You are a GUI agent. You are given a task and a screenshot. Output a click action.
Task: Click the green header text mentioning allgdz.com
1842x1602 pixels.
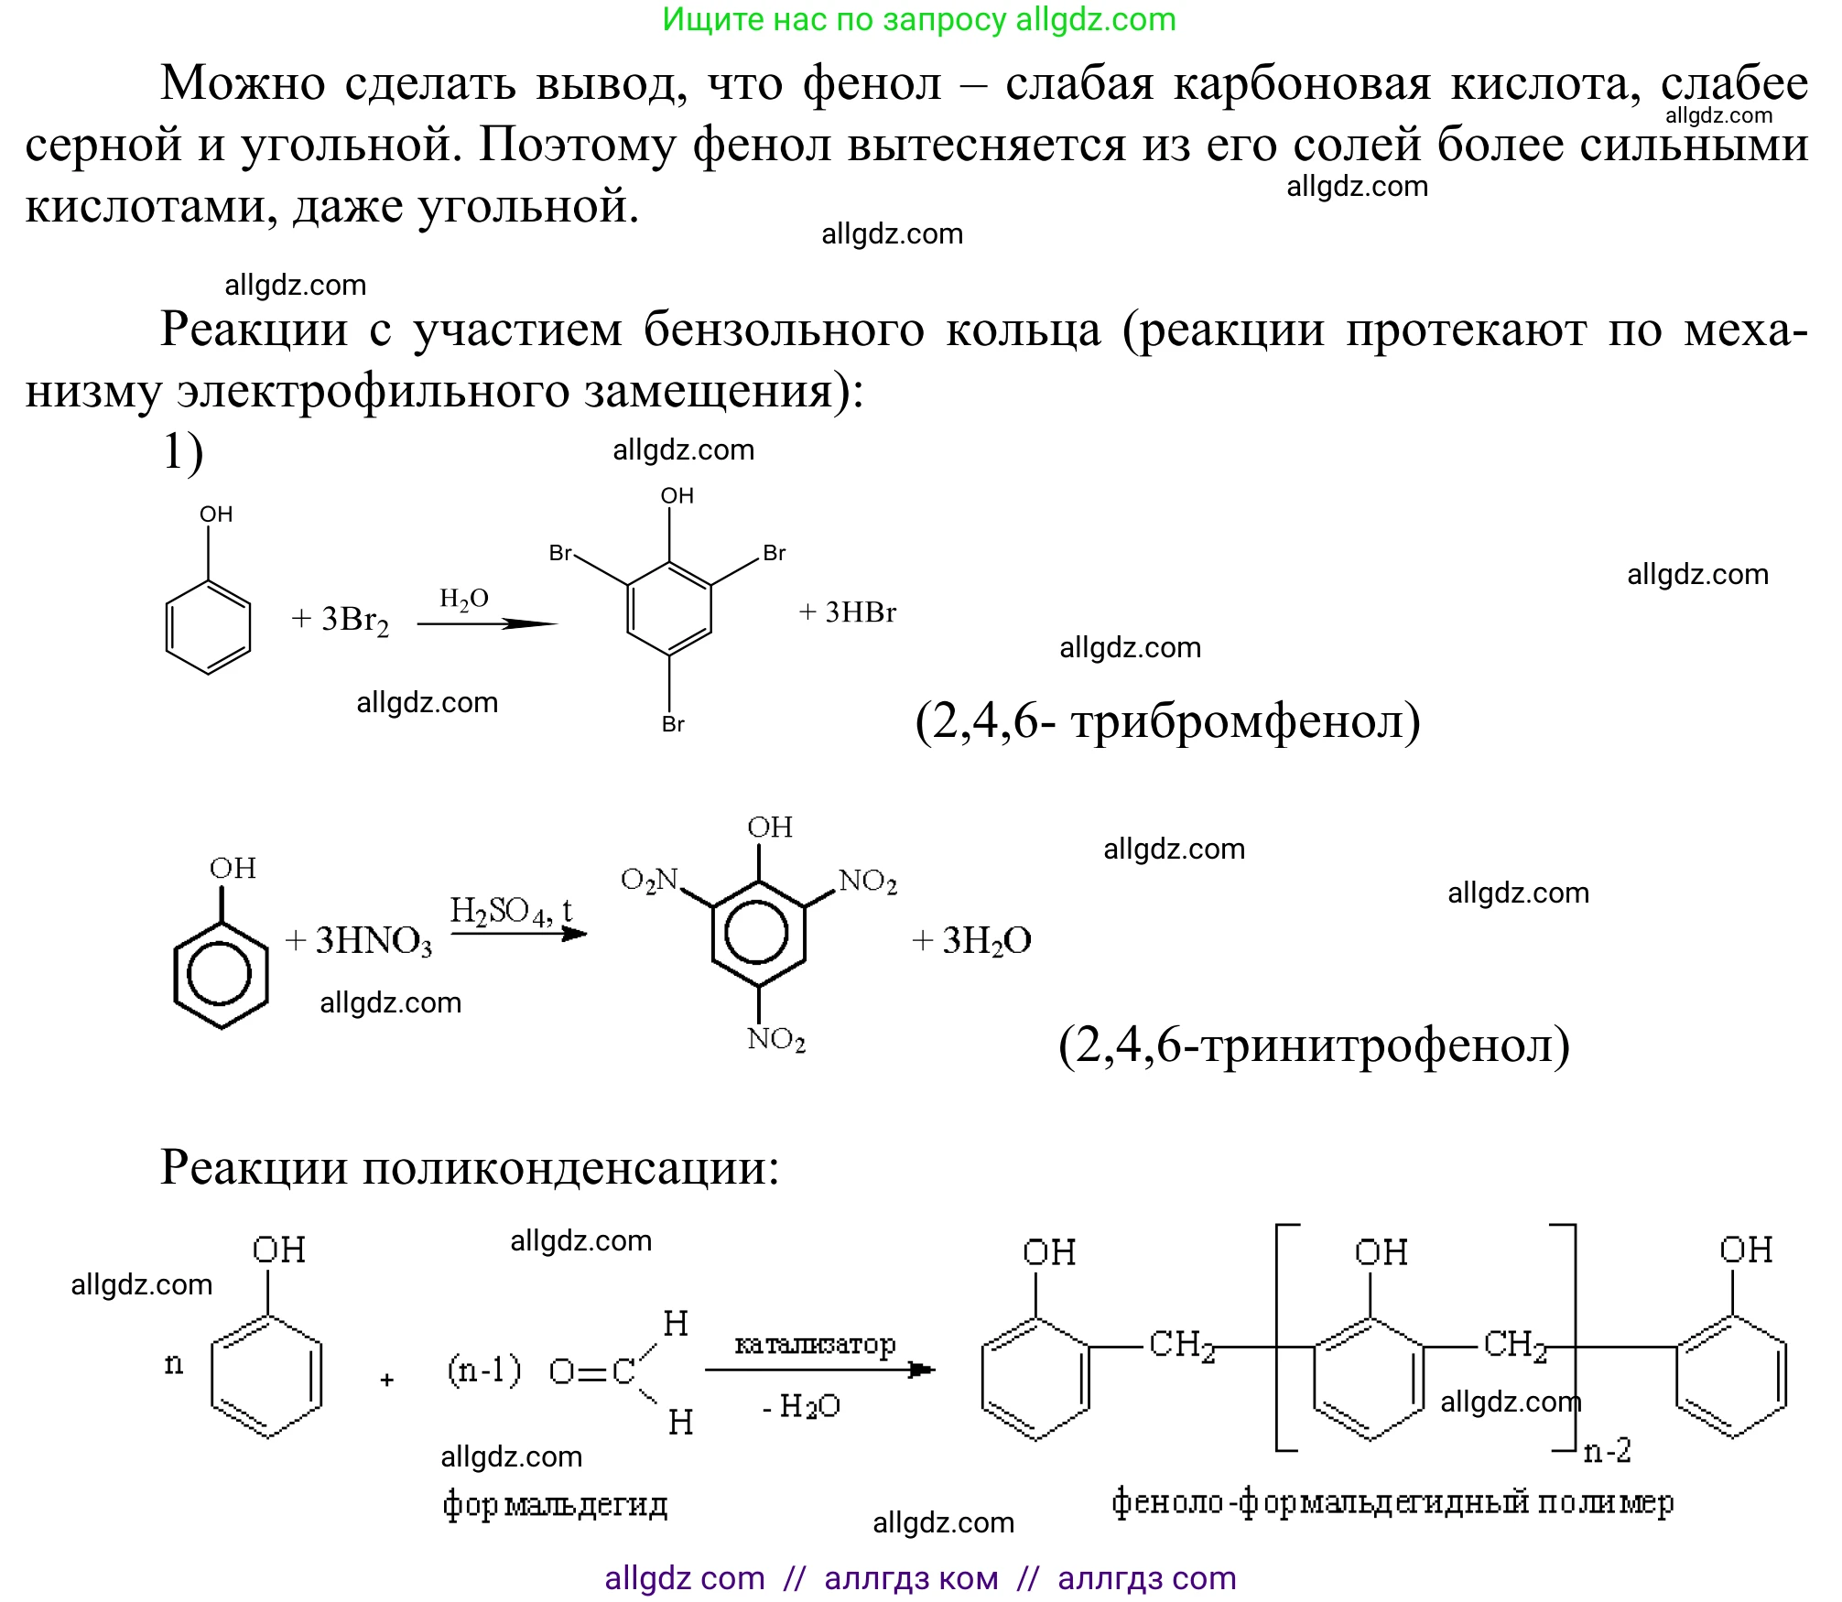[x=918, y=19]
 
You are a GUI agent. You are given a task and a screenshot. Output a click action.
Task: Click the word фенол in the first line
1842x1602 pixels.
[x=872, y=84]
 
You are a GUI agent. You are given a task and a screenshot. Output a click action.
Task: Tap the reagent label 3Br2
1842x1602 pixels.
[x=354, y=620]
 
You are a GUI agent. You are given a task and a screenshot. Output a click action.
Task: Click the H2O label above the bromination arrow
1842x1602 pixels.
[x=464, y=599]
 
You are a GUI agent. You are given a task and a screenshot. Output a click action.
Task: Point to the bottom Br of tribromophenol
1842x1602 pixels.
[x=673, y=724]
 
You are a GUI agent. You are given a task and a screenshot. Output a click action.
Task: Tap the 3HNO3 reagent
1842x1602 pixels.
[x=373, y=941]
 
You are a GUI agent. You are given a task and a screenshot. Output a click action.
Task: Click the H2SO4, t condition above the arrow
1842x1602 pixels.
[x=511, y=910]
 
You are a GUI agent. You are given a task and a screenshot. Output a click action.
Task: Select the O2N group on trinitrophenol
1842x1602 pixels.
[x=649, y=880]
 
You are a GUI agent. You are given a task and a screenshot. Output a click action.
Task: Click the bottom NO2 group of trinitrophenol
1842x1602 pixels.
[x=776, y=1039]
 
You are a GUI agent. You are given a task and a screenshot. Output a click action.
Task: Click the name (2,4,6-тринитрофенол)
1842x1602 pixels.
[x=1314, y=1045]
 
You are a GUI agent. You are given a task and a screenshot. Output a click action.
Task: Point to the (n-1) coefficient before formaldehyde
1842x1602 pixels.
[x=483, y=1369]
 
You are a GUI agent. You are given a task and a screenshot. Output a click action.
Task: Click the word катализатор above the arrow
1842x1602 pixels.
[x=815, y=1345]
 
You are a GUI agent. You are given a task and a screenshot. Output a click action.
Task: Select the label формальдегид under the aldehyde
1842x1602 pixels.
[x=555, y=1503]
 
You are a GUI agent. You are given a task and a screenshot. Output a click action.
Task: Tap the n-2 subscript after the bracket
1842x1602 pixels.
[x=1608, y=1451]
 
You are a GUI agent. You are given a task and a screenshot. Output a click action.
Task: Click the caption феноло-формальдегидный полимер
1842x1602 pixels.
[x=1392, y=1501]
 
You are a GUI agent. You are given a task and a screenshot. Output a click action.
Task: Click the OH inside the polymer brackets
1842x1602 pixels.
[x=1381, y=1252]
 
